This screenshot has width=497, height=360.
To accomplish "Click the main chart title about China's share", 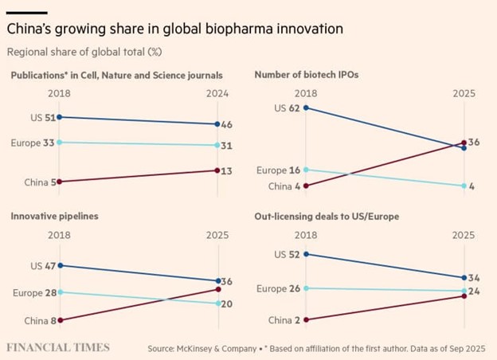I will [x=174, y=29].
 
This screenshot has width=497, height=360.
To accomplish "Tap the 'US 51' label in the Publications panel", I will [x=41, y=117].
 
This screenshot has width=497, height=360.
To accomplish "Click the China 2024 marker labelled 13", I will [x=218, y=170].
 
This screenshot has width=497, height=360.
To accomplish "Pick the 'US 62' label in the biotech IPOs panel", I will [x=288, y=108].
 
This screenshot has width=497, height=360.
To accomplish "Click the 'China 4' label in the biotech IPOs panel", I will [x=283, y=186].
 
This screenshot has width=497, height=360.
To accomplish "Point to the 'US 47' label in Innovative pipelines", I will [x=41, y=265].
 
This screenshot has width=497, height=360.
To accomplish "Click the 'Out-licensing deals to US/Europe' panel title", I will [x=327, y=216].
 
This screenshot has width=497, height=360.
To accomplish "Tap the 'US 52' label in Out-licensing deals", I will [x=288, y=254].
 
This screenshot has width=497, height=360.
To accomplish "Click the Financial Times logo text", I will [x=58, y=348].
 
